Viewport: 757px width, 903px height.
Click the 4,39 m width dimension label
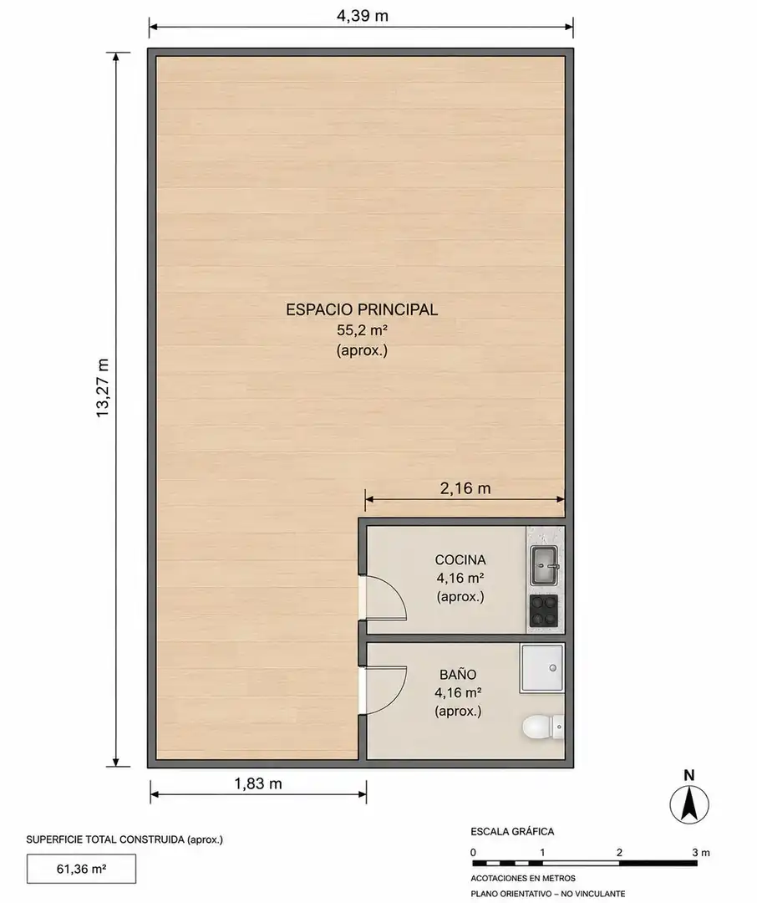362,16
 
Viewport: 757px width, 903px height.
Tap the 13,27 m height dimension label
103,388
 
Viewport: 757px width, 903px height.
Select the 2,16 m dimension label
465,488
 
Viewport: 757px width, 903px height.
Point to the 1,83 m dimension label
258,783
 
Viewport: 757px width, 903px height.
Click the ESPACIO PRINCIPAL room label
362,309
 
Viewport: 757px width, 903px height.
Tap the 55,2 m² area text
362,330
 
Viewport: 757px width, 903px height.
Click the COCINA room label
460,559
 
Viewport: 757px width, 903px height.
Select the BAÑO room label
458,675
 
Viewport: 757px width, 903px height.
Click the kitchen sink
544,565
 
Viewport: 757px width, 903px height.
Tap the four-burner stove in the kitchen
543,611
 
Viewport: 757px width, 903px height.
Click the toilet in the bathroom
542,727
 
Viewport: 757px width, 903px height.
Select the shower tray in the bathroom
541,668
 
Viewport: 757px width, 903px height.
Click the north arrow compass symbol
689,804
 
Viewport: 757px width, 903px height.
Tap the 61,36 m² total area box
81,869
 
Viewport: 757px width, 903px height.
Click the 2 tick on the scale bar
619,852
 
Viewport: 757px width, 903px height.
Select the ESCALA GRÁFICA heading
512,831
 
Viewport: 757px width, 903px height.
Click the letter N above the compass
689,775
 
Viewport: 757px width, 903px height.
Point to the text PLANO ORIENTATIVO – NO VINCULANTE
547,894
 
